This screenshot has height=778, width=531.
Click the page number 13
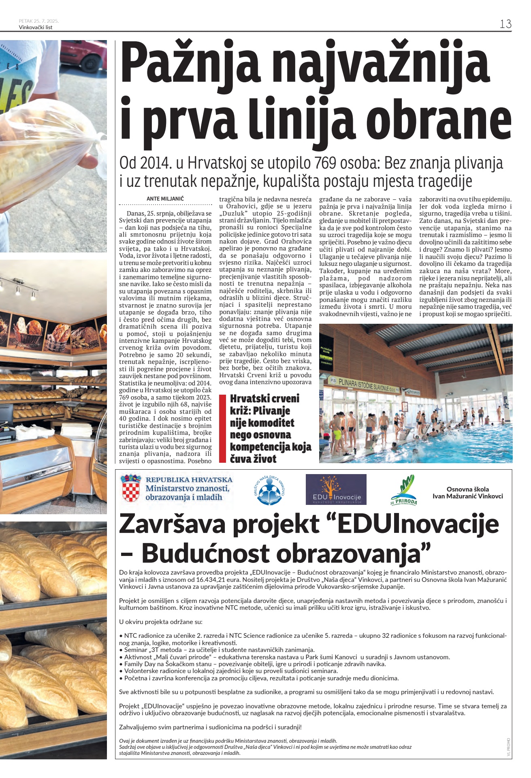[505, 24]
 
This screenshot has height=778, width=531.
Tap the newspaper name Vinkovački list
[36, 28]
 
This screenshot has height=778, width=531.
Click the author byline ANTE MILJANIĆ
[165, 199]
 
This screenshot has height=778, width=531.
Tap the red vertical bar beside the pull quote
[222, 428]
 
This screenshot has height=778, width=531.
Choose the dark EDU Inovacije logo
[336, 490]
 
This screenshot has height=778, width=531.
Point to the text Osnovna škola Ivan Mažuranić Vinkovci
[467, 493]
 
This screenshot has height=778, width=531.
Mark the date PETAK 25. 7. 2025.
[39, 21]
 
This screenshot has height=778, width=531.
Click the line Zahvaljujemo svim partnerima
[210, 727]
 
